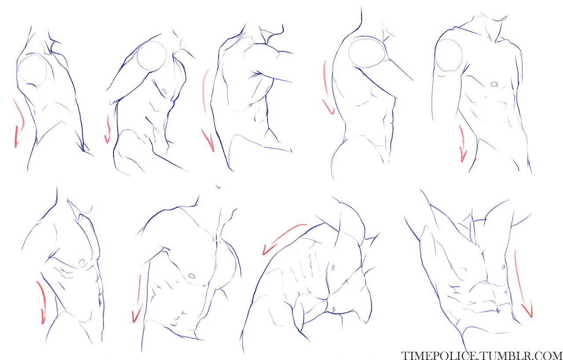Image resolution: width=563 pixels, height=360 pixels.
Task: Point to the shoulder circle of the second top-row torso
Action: click(x=137, y=56)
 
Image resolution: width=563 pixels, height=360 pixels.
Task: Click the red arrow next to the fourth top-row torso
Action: click(x=326, y=88)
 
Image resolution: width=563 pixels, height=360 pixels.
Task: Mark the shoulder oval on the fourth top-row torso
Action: click(x=349, y=51)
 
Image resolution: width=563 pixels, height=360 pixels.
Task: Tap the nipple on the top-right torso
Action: click(x=494, y=84)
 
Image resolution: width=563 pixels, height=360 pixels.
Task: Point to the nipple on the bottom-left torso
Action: click(x=81, y=262)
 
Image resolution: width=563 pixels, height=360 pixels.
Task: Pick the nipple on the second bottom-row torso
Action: click(x=192, y=276)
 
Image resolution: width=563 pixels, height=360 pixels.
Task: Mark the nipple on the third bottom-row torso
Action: click(x=333, y=268)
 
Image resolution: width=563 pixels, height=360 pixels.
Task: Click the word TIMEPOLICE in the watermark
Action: click(x=439, y=356)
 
